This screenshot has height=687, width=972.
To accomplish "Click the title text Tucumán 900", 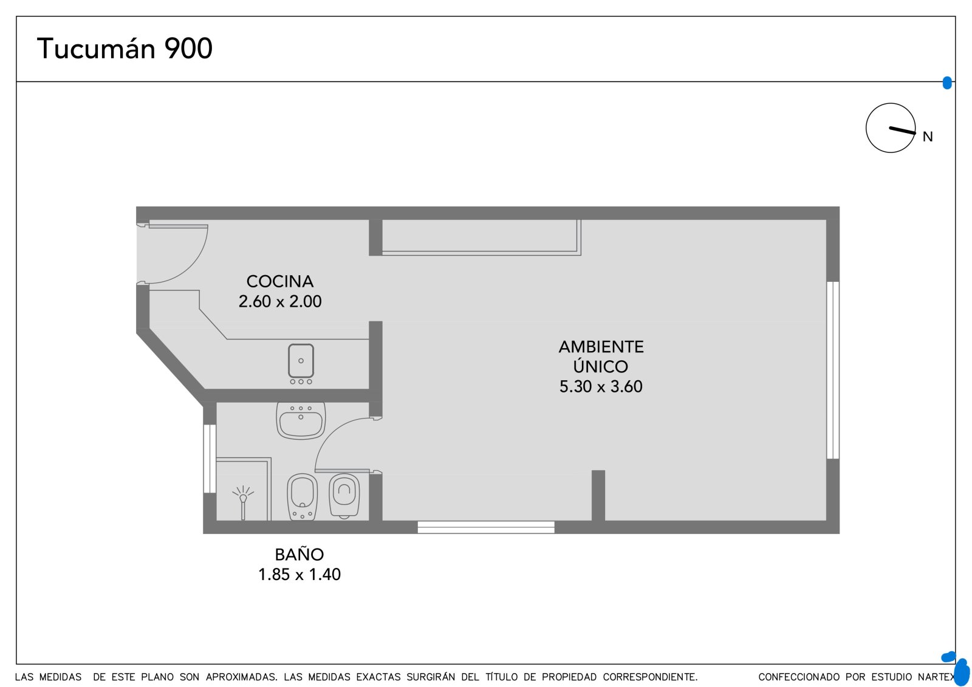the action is click(125, 48).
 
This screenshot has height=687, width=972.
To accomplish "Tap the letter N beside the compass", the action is click(927, 137).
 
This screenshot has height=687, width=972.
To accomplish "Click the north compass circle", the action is click(891, 103).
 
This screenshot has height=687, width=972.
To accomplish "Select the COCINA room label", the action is click(280, 281).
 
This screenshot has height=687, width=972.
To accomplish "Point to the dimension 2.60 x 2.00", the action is click(280, 301).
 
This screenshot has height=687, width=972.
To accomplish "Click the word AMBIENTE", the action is click(601, 347).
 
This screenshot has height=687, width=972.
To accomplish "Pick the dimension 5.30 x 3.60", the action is click(601, 386).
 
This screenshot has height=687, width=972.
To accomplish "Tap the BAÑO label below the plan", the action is click(299, 554).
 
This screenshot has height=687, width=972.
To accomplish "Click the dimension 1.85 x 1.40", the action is click(299, 574).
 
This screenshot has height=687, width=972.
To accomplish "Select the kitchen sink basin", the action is click(301, 361).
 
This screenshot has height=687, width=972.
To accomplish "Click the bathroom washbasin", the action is click(301, 421).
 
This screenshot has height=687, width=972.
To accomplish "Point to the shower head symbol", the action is click(243, 501).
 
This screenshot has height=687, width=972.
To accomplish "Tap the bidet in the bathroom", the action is click(302, 496).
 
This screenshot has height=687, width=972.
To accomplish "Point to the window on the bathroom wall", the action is click(210, 459).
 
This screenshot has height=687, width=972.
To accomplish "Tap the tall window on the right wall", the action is click(833, 370).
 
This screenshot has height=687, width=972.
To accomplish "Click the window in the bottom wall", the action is click(486, 527).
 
